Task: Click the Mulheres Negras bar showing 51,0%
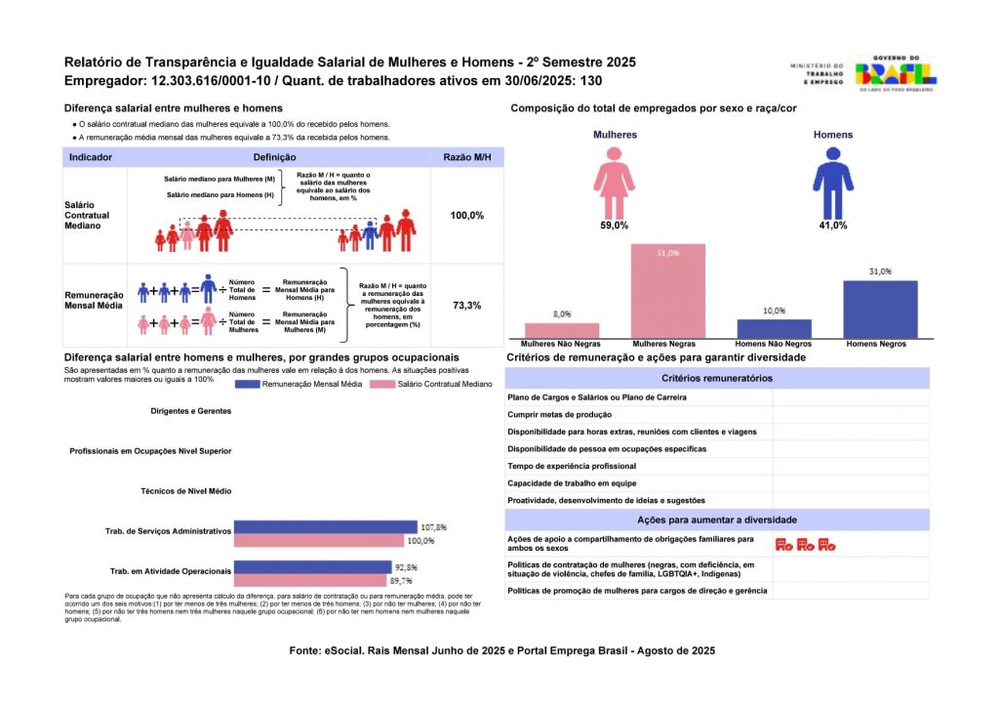coord(668,291)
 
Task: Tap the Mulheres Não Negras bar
coord(562,330)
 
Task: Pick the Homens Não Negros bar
coord(775,328)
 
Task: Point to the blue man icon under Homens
coord(832,183)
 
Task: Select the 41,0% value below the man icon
coord(832,226)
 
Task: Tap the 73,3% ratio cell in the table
coord(466,306)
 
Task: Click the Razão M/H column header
coord(466,157)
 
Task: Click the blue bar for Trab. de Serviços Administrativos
coord(326,527)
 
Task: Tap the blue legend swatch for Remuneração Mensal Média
coord(261,386)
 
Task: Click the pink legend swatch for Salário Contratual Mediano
coord(395,386)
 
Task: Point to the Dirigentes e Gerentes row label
coord(191,411)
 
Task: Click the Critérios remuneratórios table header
coord(716,378)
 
